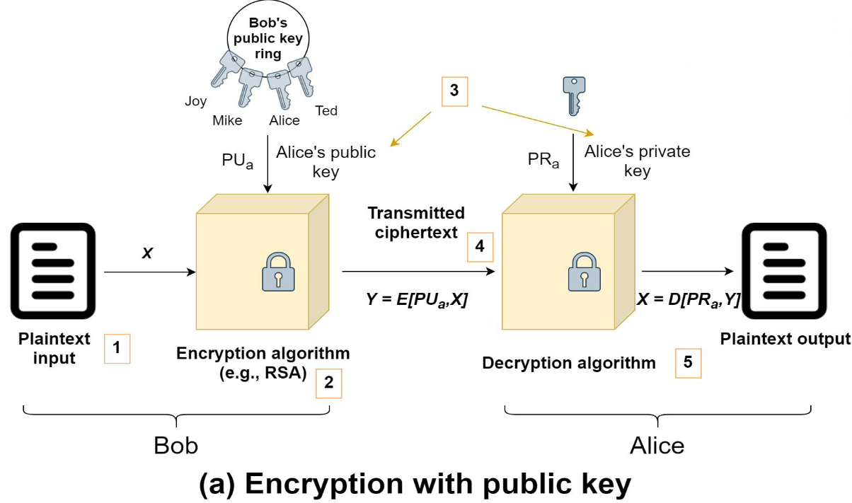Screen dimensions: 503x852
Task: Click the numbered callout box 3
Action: [454, 91]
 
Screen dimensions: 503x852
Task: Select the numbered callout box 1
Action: [117, 348]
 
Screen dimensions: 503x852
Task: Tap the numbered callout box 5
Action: [689, 363]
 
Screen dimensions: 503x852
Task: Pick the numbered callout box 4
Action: [480, 247]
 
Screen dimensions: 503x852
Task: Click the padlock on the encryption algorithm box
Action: [277, 272]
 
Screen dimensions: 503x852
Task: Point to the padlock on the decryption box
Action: [583, 272]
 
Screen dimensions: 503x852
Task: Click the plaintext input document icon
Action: [53, 271]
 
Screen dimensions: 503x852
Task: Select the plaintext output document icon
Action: [783, 271]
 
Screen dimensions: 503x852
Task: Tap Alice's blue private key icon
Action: [573, 95]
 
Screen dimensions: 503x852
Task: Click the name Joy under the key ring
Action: [196, 101]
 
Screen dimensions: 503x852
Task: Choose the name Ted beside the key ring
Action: [326, 110]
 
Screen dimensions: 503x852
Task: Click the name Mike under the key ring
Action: [227, 120]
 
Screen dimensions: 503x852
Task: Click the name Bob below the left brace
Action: [176, 446]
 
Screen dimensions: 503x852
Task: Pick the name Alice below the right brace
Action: [657, 446]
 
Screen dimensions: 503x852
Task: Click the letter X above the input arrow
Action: [147, 253]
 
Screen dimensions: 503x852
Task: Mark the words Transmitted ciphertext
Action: [416, 222]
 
